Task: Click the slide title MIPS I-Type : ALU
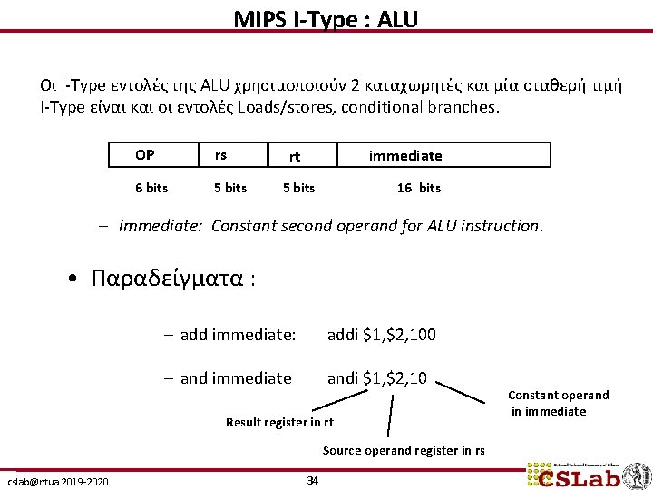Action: (326, 18)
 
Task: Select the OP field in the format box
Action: (144, 155)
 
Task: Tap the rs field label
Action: (220, 155)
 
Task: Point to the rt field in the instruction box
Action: (295, 156)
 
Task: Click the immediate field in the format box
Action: (405, 156)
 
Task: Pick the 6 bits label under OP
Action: (151, 188)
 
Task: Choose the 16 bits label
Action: (419, 188)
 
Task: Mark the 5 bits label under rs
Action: (230, 188)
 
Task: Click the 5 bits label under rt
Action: (298, 188)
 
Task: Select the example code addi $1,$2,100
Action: (381, 335)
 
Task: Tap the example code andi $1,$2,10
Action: (377, 378)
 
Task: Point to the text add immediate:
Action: (238, 335)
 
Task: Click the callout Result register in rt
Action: (279, 422)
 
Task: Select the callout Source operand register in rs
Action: (404, 450)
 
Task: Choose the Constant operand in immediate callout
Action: (558, 403)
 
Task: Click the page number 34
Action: (313, 480)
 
